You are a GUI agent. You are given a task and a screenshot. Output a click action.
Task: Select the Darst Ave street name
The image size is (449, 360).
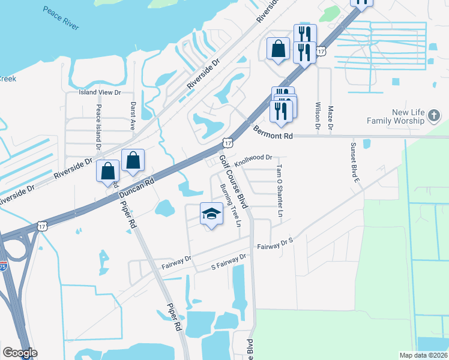point(133,116)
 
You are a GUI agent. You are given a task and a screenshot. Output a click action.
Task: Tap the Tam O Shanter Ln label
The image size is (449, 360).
point(279,191)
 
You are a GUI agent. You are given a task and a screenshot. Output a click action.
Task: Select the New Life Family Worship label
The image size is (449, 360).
point(409,116)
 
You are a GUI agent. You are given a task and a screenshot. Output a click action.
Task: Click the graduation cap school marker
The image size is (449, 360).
point(211,214)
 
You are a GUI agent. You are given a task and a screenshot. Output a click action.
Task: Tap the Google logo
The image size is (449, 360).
point(20,353)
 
